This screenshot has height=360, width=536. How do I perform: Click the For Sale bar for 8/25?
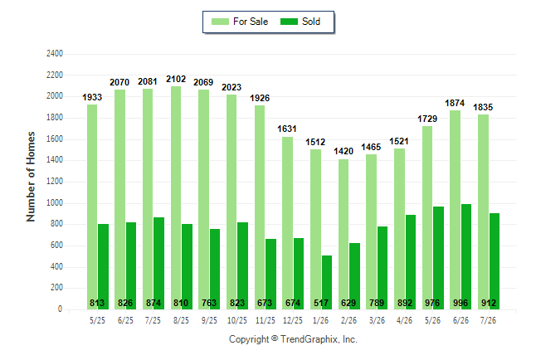pos(176,198)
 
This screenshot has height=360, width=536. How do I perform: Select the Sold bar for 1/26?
pos(327,282)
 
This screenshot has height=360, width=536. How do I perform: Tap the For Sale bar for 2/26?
pos(344,234)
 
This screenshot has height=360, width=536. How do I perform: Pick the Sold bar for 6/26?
pos(466,257)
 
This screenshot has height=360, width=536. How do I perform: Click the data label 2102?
pos(176,79)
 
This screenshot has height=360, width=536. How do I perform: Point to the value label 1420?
pos(344,151)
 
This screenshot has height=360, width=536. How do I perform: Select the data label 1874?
pos(455,103)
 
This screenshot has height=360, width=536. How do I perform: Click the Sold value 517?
pos(321,303)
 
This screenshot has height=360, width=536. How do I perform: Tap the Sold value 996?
pos(460,303)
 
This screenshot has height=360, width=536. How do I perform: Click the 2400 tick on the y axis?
pos(55,54)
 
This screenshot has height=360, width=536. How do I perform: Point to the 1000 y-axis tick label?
pos(55,202)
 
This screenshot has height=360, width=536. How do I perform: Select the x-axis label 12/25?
pos(293,320)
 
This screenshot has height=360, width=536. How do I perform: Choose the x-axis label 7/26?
pos(488,320)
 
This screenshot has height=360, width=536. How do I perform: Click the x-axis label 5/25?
pos(97,320)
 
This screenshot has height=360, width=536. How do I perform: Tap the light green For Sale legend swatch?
pos(220,22)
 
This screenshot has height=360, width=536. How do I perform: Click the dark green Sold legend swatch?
pos(290,22)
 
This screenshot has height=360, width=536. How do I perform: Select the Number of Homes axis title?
pos(31,177)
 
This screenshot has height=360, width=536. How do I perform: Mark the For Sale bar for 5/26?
pos(427,218)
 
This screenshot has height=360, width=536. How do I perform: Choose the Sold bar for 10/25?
pos(243,266)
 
